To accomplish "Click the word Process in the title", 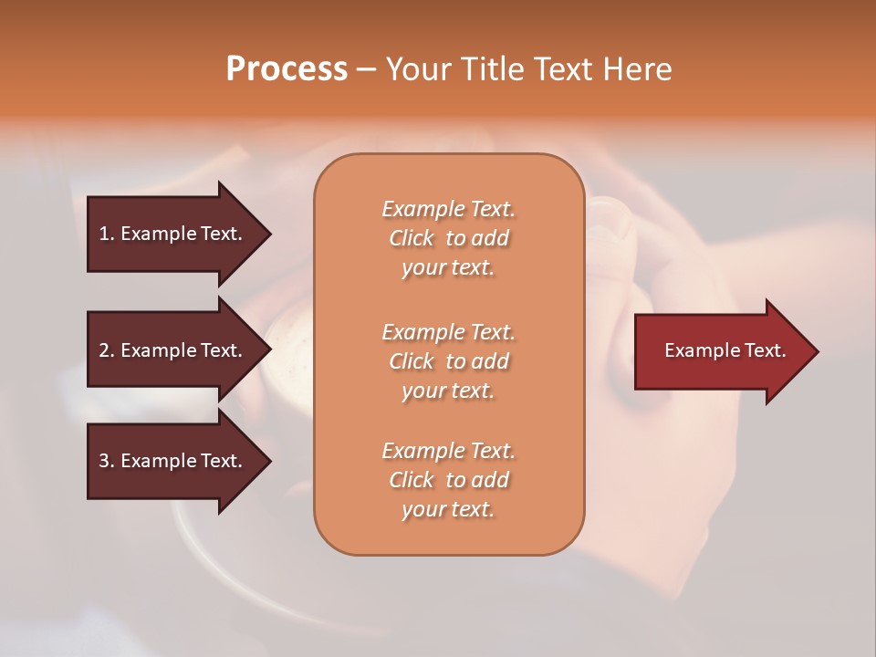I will tap(287, 69).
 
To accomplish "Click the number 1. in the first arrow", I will tap(107, 234).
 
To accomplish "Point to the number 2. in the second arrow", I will tap(107, 350).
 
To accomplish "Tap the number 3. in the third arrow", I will tap(107, 461).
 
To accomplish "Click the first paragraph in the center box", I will tap(448, 238).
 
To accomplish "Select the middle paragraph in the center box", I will tap(448, 361).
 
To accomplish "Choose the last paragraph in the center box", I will tap(448, 480).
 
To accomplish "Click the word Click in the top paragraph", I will tap(412, 238).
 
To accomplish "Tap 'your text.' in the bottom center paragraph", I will tap(448, 509).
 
